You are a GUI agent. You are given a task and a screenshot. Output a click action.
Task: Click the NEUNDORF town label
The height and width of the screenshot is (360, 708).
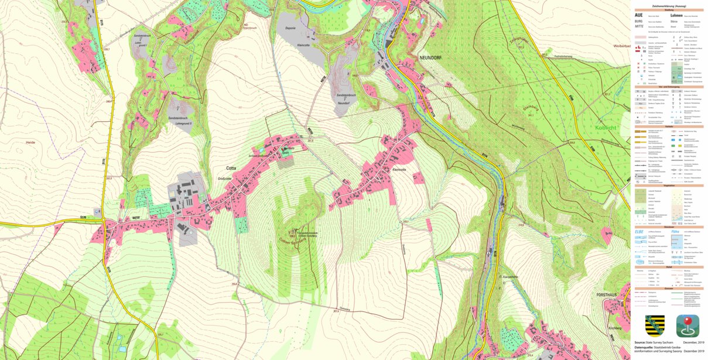coord(432,57)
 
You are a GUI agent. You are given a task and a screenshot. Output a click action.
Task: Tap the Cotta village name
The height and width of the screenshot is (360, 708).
coord(231,167)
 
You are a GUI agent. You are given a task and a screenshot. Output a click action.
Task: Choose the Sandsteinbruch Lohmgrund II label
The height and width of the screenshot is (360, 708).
coord(180,121)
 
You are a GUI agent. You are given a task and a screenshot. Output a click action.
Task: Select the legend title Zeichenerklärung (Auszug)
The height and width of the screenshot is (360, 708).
coord(668,5)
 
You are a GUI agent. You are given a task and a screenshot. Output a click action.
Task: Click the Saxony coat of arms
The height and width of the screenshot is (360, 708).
coord(654,325)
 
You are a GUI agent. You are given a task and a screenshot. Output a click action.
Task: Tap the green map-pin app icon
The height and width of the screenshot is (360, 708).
coord(688,325)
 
